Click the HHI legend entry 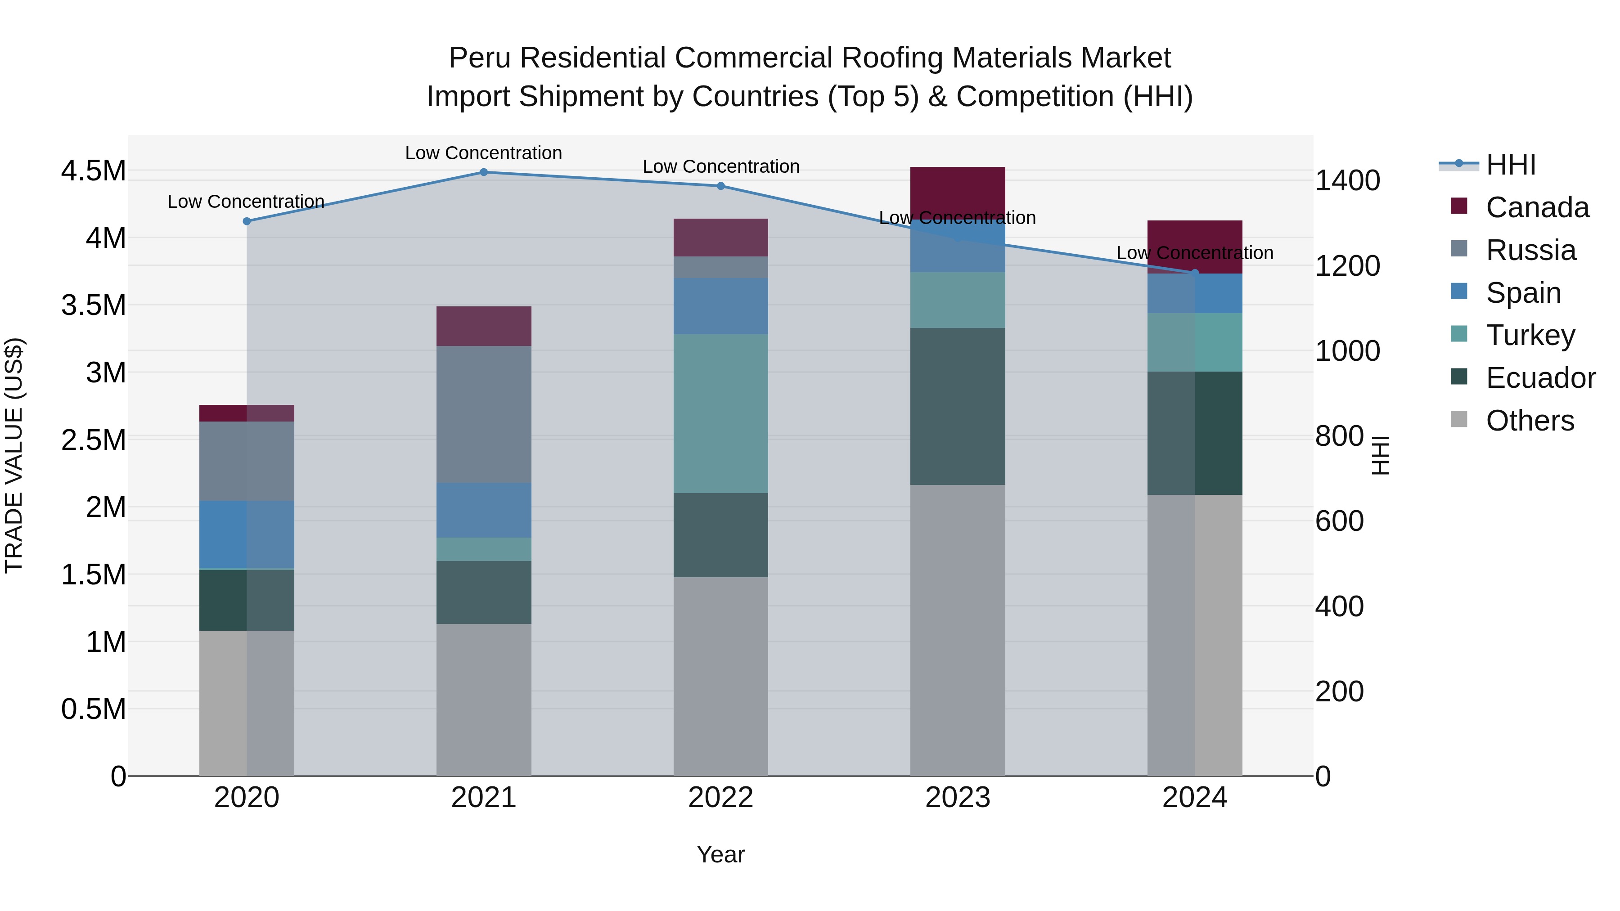click(x=1509, y=166)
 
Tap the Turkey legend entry click(x=1530, y=335)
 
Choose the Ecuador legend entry click(x=1539, y=378)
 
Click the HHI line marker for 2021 click(x=484, y=172)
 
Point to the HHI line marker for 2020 click(x=247, y=221)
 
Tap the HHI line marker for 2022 click(x=721, y=186)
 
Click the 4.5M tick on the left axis click(x=93, y=171)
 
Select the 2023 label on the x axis click(x=957, y=798)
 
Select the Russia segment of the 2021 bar click(x=484, y=414)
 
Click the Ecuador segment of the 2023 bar click(x=957, y=406)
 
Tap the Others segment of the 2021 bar click(x=484, y=699)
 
